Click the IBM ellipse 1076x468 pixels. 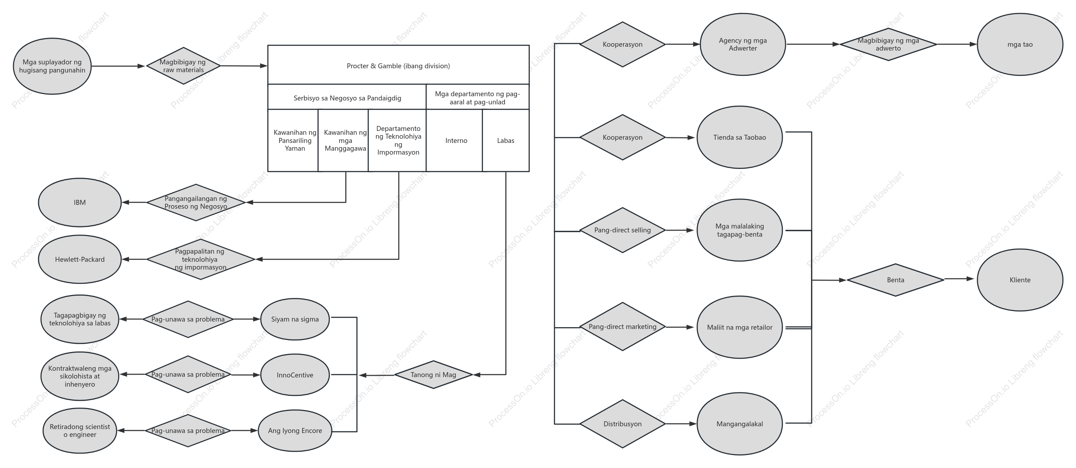coord(80,202)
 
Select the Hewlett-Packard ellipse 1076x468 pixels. coord(80,259)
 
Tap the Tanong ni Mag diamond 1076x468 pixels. coord(433,375)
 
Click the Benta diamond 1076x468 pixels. coord(895,280)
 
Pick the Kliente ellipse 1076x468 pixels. coord(1020,280)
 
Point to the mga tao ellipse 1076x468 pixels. coord(1020,44)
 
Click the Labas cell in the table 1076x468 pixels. coord(506,140)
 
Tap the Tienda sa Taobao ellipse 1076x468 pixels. coord(740,137)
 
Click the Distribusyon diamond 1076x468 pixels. coord(622,424)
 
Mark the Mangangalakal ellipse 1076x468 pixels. coord(740,424)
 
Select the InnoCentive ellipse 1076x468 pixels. coord(295,375)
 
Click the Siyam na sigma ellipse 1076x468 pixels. coord(295,319)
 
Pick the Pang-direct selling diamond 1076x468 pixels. coord(622,230)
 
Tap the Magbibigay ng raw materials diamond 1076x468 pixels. coord(183,66)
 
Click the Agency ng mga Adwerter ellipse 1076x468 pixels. coord(743,44)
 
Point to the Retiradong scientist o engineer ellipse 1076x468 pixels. coord(80,431)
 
